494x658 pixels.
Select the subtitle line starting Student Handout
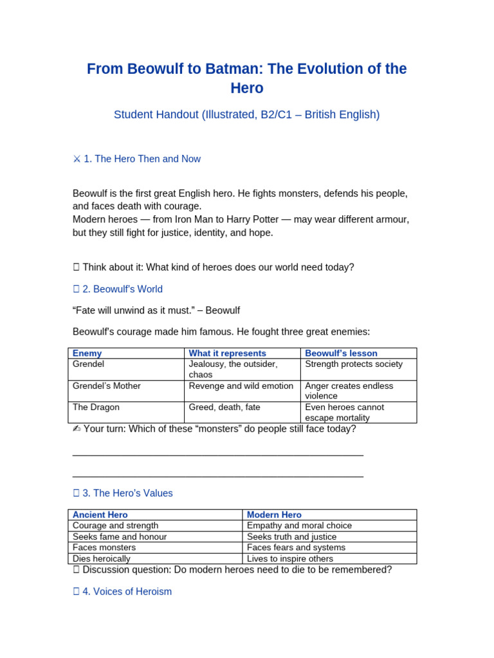247,114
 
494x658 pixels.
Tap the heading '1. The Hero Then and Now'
137,159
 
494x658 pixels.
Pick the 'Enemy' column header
87,353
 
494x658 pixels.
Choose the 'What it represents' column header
227,353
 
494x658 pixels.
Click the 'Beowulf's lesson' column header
341,353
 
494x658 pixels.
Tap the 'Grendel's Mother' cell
107,386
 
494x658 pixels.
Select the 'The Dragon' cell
96,407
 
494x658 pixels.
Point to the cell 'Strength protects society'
354,364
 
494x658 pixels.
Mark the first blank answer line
218,454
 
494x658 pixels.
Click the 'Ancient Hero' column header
100,515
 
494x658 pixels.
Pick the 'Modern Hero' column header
274,515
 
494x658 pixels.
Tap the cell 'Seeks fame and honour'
120,537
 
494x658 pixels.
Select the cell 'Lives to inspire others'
290,558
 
